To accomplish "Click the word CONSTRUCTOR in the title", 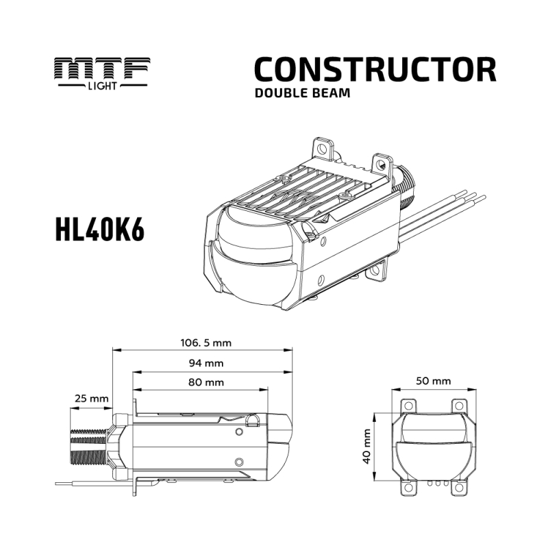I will click(375, 70).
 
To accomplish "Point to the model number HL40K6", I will click(99, 232).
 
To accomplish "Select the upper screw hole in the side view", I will click(238, 432).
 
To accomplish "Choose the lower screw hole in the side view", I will click(238, 461).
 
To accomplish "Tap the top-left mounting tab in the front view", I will click(408, 407).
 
